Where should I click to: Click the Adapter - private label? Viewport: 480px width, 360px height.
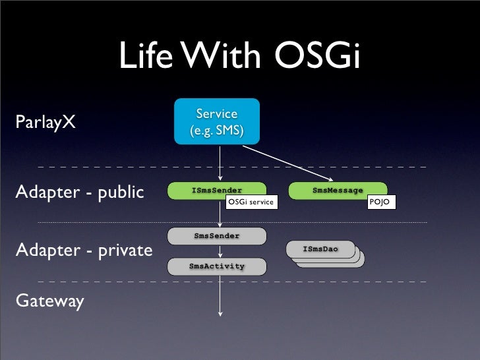click(x=83, y=251)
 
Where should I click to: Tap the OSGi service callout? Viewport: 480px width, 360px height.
click(x=251, y=201)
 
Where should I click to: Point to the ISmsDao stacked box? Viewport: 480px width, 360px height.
click(x=320, y=250)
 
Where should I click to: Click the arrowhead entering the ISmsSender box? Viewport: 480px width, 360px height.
click(x=221, y=179)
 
